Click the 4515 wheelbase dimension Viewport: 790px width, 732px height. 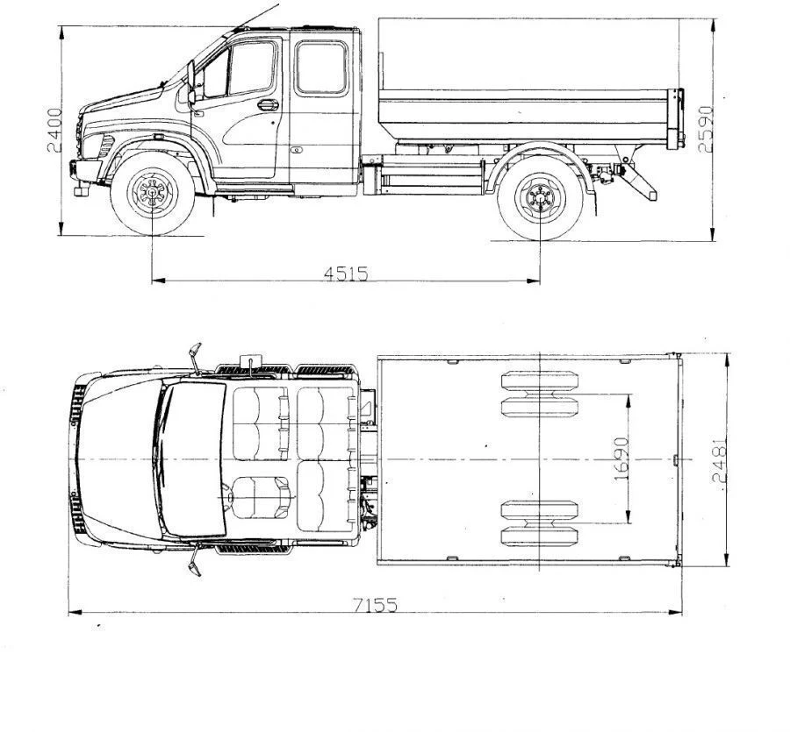click(346, 274)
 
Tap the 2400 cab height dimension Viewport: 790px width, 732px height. click(54, 130)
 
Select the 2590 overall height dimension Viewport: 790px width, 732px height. click(706, 128)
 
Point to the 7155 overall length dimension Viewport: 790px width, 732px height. click(375, 604)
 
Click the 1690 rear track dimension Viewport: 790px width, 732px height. click(621, 458)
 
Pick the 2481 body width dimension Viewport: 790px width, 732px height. click(719, 461)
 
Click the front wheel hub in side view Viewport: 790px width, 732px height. click(152, 193)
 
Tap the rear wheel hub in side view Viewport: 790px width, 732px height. click(540, 198)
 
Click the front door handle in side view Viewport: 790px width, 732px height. click(268, 105)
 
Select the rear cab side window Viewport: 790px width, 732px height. click(321, 68)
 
